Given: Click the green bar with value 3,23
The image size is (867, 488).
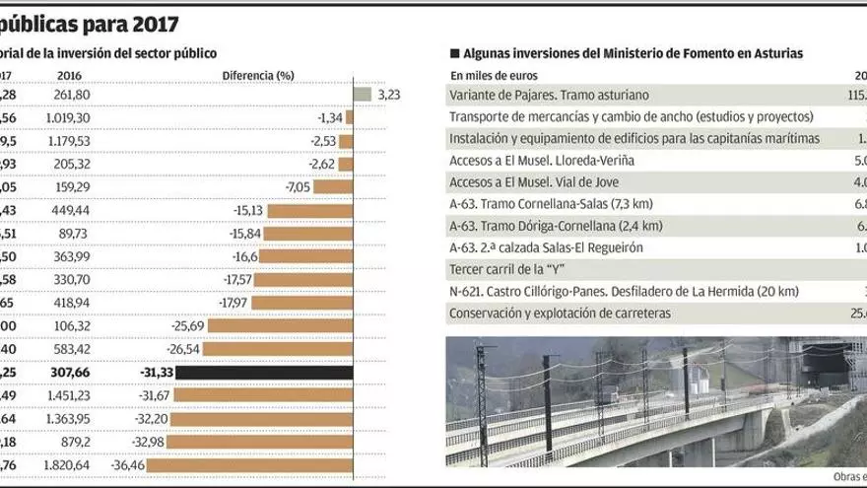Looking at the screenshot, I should [x=362, y=95].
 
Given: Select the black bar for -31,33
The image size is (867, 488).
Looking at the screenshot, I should [x=279, y=373].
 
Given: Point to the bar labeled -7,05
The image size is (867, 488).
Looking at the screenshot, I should [x=333, y=187].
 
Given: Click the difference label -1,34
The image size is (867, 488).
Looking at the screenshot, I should [x=329, y=117].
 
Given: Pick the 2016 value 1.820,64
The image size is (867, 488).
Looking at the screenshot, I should [x=67, y=465].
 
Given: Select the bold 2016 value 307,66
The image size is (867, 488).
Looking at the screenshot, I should [x=68, y=373].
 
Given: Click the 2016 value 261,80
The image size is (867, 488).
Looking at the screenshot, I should [x=73, y=95].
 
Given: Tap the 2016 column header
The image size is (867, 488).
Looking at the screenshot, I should [x=69, y=75].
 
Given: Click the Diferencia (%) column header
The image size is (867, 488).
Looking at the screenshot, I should [x=258, y=75].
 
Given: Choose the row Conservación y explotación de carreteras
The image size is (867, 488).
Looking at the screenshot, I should [x=560, y=314].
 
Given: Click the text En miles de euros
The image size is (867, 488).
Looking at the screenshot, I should [x=495, y=75].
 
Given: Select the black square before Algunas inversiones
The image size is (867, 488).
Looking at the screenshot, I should [x=454, y=53].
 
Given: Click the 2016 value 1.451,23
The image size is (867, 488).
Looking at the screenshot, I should [x=67, y=395].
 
